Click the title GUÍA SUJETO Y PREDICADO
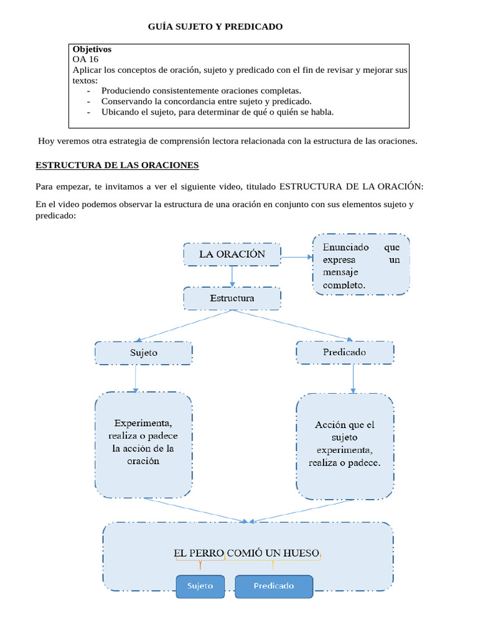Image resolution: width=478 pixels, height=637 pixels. click(x=215, y=27)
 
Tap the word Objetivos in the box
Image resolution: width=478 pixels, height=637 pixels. click(x=92, y=49)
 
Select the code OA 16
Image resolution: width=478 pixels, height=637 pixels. click(x=85, y=59)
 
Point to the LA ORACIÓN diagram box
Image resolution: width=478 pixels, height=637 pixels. click(x=232, y=254)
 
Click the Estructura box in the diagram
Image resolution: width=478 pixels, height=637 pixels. click(x=232, y=298)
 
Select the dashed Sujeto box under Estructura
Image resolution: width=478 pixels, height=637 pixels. click(x=144, y=352)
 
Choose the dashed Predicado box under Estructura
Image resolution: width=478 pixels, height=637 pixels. click(x=344, y=352)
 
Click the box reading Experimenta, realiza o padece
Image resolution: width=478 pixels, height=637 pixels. click(x=143, y=445)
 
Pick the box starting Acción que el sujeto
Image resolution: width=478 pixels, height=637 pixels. click(x=344, y=445)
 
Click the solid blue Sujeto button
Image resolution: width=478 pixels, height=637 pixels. click(x=200, y=585)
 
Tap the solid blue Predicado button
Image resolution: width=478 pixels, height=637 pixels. click(x=273, y=585)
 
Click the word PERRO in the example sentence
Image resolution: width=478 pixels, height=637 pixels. click(x=206, y=552)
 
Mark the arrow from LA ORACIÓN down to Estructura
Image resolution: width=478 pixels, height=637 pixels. click(x=232, y=276)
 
